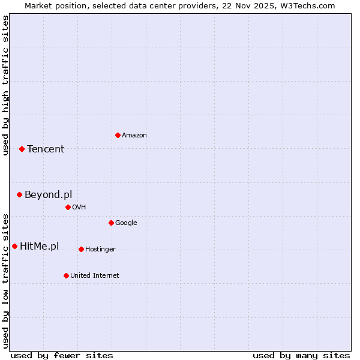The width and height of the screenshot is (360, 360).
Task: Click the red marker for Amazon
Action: [x=118, y=135]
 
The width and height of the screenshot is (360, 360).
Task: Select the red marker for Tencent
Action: [x=22, y=149]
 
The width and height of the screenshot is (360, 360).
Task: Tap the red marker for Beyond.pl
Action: [x=19, y=194]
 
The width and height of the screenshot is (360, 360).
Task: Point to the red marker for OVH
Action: [x=68, y=207]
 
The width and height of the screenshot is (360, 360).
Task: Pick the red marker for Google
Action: [x=111, y=223]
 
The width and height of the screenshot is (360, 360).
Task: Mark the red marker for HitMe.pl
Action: [x=14, y=246]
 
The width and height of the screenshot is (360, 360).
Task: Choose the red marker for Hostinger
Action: [x=81, y=249]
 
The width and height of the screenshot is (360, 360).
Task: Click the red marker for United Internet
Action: [x=66, y=275]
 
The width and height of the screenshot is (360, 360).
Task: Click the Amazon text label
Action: [x=134, y=136]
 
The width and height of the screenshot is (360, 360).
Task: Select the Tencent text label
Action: [x=46, y=149]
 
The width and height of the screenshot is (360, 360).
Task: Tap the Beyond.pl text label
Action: [x=48, y=195]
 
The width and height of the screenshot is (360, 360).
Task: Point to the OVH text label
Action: [x=79, y=208]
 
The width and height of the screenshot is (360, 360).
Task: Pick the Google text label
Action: [x=126, y=223]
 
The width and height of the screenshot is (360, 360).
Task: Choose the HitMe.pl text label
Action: [x=40, y=247]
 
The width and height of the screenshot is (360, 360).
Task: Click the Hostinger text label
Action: [x=100, y=250]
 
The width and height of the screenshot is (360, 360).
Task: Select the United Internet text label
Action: [x=95, y=276]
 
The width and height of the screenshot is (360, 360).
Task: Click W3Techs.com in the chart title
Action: [x=307, y=5]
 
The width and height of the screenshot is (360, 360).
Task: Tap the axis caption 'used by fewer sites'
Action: [x=62, y=355]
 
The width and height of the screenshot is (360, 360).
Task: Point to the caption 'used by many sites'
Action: [x=301, y=355]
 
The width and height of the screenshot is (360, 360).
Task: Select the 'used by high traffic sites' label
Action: [x=5, y=85]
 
